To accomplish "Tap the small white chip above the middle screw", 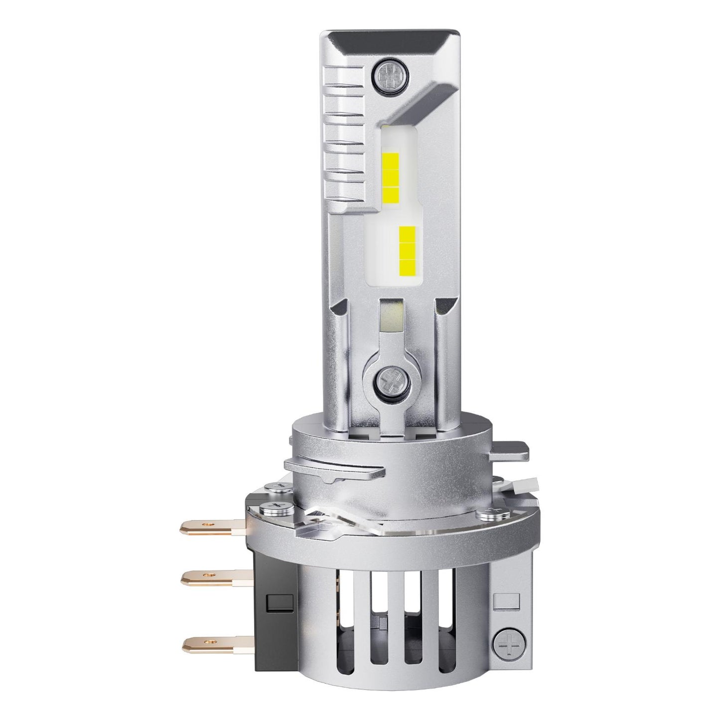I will (x=390, y=317).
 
